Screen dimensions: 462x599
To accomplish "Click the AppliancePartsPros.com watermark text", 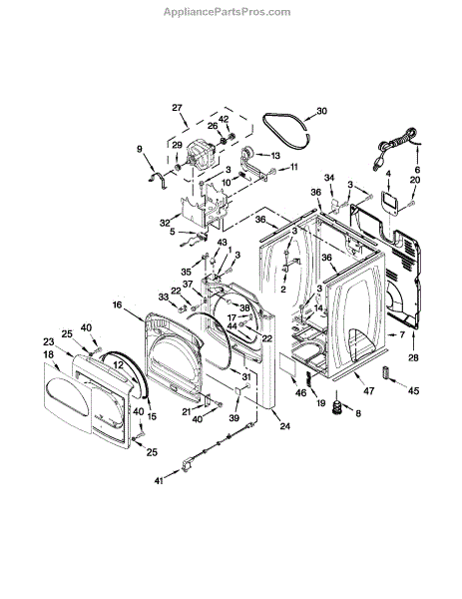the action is [x=228, y=12].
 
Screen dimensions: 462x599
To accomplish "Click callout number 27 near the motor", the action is [x=177, y=108].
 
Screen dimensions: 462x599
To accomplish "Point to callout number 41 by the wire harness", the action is [x=159, y=481].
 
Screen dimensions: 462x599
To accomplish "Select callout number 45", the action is [x=413, y=390].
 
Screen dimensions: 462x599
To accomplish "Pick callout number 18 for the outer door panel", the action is [x=49, y=354].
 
